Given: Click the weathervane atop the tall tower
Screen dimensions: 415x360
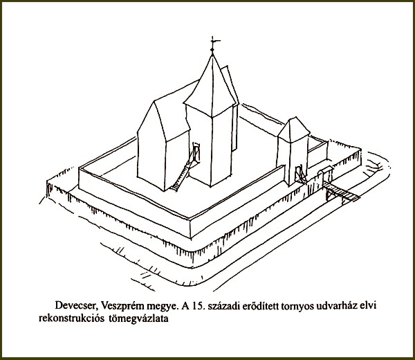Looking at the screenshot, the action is (x=213, y=44).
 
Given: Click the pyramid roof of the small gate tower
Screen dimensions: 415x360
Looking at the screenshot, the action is (x=294, y=129).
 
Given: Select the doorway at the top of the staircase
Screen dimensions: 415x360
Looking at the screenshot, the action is (x=196, y=152).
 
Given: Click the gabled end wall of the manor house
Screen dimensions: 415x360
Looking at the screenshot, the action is (x=151, y=148).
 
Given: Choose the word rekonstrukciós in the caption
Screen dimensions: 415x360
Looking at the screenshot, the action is (x=71, y=318).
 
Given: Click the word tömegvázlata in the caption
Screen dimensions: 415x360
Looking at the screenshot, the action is (x=138, y=318).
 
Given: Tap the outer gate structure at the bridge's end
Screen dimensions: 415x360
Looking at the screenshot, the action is (x=325, y=176).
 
